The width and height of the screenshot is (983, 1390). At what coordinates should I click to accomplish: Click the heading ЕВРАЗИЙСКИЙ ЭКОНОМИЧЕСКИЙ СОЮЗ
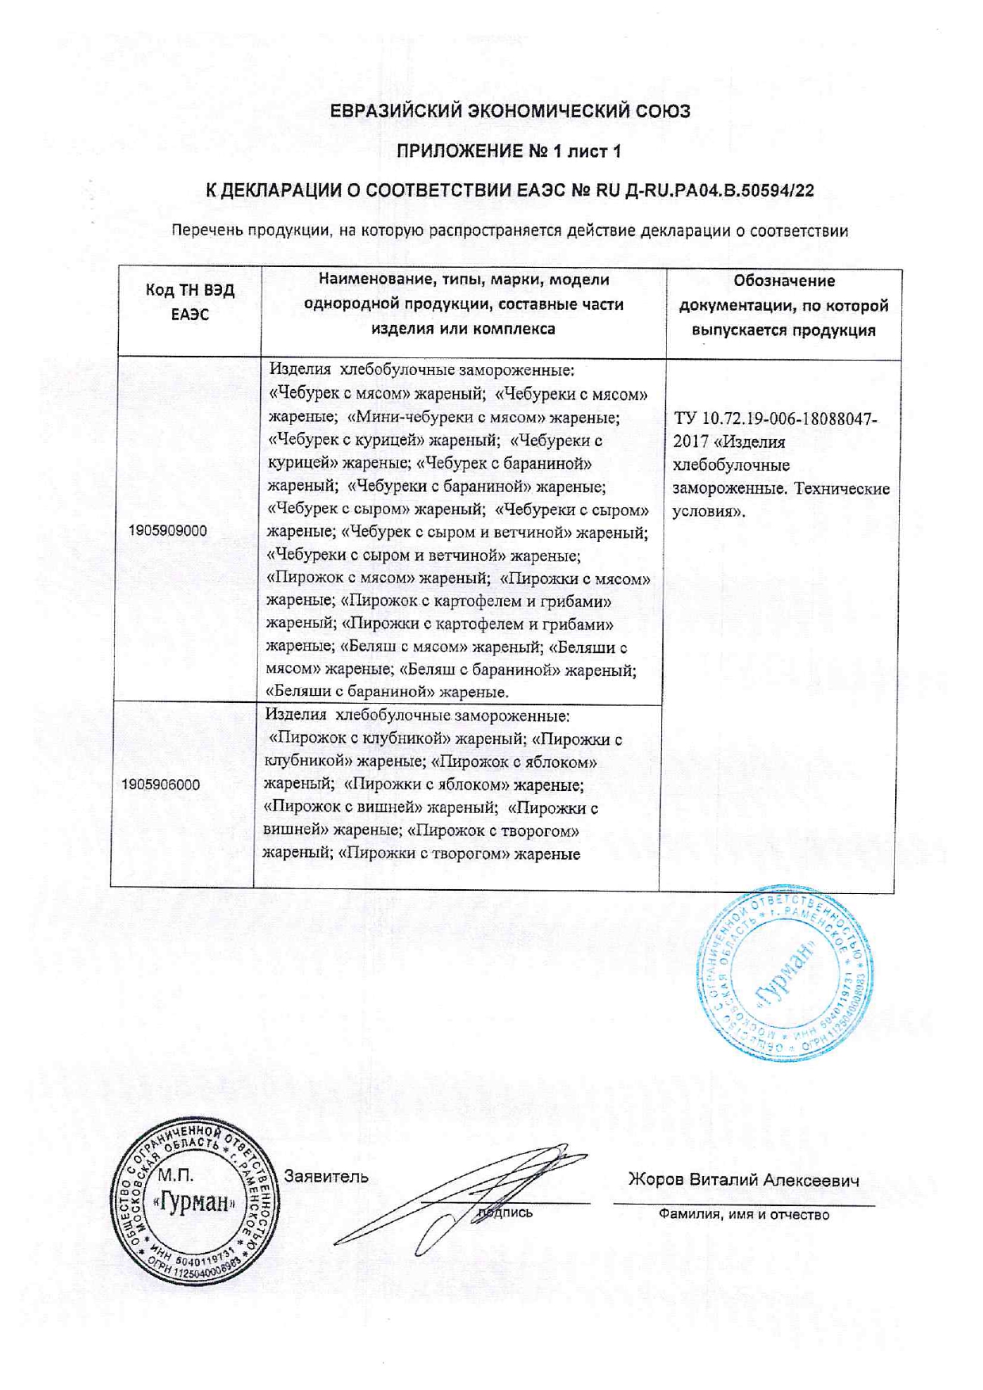[x=511, y=111]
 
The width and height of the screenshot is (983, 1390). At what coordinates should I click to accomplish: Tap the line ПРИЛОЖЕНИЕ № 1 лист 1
[x=509, y=151]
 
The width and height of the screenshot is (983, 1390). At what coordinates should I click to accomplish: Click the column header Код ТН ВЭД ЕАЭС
[x=189, y=302]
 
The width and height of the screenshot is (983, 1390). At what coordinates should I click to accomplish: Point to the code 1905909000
[x=167, y=531]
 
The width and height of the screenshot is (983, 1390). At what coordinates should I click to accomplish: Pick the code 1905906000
[x=161, y=785]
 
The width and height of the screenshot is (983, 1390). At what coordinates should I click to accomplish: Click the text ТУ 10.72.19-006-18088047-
[x=775, y=418]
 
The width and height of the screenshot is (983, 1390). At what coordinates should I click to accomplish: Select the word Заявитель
[x=326, y=1177]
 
